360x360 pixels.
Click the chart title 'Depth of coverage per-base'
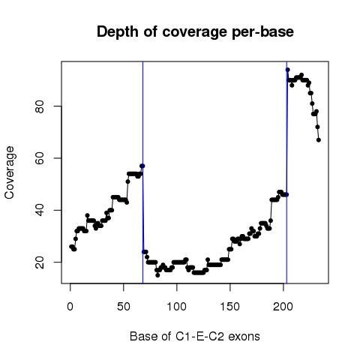[195, 32]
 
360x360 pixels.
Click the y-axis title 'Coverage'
[10, 172]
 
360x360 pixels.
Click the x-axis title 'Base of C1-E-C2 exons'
[195, 336]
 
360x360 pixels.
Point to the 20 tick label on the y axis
[40, 262]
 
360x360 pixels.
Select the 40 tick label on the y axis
[40, 210]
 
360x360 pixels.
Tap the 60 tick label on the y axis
[40, 158]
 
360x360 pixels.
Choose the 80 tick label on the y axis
[40, 106]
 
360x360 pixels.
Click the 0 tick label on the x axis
[70, 307]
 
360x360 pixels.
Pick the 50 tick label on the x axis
[124, 307]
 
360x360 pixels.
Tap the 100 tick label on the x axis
[177, 307]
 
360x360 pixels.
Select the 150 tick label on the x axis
[229, 307]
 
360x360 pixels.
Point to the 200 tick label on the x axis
[283, 307]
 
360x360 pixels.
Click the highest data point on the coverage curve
[288, 70]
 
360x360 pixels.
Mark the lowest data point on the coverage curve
[157, 275]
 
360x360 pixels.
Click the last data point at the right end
[319, 140]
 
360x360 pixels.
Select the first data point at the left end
[71, 247]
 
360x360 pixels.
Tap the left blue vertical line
[142, 172]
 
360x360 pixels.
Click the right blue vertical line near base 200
[286, 172]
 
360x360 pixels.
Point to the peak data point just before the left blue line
[142, 166]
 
